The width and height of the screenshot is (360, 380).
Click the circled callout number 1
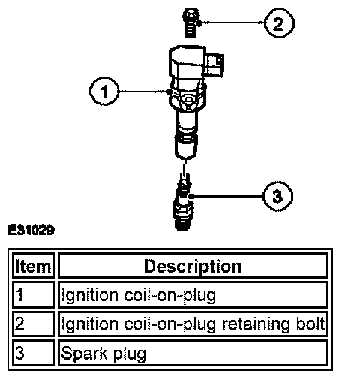(x=104, y=91)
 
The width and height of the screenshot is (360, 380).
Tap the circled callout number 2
(x=279, y=23)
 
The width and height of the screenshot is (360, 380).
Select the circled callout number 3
(x=277, y=196)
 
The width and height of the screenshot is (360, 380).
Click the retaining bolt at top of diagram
(x=191, y=23)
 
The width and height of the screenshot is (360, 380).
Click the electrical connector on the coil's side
(x=214, y=65)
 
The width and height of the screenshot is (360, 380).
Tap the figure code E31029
(x=31, y=230)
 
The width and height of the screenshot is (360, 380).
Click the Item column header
(x=34, y=266)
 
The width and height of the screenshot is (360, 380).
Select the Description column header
(x=193, y=266)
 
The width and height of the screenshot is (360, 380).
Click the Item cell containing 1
(x=34, y=294)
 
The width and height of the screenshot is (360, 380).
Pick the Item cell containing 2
(x=34, y=324)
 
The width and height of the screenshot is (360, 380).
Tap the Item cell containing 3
(x=34, y=353)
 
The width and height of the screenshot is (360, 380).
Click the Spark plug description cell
(x=193, y=353)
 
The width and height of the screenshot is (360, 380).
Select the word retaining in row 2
(x=256, y=324)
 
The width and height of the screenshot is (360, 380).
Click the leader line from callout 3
(x=227, y=196)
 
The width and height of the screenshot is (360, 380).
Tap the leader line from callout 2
(x=232, y=23)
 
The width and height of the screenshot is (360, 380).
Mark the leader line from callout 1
(x=145, y=92)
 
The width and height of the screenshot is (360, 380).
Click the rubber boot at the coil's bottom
(x=185, y=146)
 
